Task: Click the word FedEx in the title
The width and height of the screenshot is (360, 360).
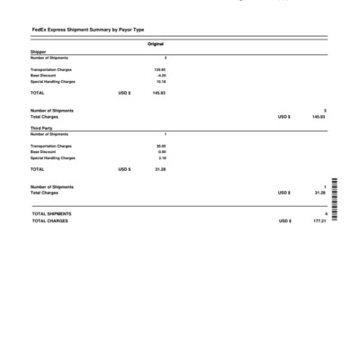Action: [x=38, y=30]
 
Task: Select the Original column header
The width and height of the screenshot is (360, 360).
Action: [x=155, y=44]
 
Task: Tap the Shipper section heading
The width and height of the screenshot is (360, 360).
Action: [x=38, y=53]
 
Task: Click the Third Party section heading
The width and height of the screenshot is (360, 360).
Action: [x=41, y=129]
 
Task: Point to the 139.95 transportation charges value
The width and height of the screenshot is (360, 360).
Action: [x=159, y=69]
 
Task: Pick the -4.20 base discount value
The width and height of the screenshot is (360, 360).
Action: [x=161, y=76]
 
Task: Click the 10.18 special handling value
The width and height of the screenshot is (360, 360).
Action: [x=160, y=82]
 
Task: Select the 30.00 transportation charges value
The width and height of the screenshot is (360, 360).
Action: [x=161, y=146]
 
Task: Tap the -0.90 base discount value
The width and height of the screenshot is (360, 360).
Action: [x=161, y=152]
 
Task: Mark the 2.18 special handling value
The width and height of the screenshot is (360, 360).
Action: [x=162, y=158]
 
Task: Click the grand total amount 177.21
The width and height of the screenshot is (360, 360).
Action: [x=319, y=220]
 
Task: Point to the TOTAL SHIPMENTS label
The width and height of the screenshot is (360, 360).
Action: [x=51, y=214]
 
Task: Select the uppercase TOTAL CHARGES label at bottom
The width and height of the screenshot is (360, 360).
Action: [x=49, y=220]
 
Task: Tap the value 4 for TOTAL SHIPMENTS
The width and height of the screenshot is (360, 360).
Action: [x=325, y=214]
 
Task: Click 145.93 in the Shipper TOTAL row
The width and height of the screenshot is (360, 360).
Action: [x=158, y=93]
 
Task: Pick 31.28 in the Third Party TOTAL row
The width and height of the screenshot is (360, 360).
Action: [x=160, y=169]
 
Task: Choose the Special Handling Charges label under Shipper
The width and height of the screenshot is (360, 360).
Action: [x=52, y=82]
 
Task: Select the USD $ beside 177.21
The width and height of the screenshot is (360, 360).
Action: [x=284, y=220]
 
